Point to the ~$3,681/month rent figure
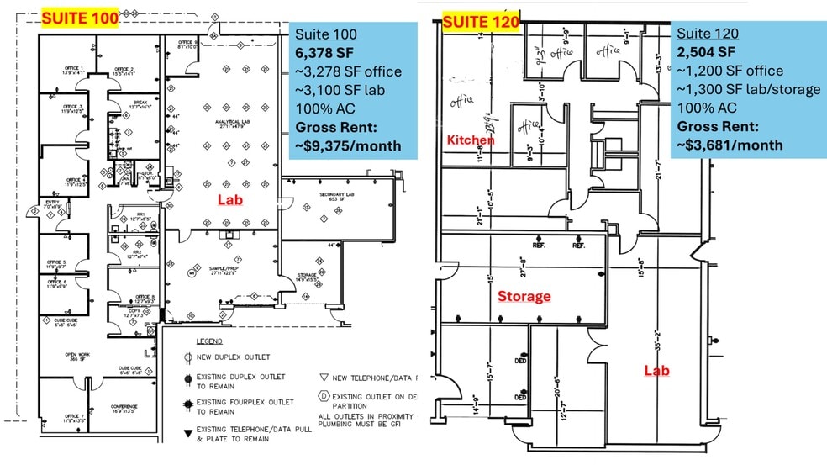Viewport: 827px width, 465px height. coord(730,145)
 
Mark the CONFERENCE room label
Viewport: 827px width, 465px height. coord(124,409)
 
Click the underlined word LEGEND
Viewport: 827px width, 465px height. coord(209,341)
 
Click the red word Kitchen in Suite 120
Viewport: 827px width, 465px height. coord(470,140)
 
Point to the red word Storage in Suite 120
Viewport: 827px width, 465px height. coord(524,296)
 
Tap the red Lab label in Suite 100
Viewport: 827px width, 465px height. coord(229,200)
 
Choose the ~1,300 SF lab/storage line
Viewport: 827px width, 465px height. coord(748,89)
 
